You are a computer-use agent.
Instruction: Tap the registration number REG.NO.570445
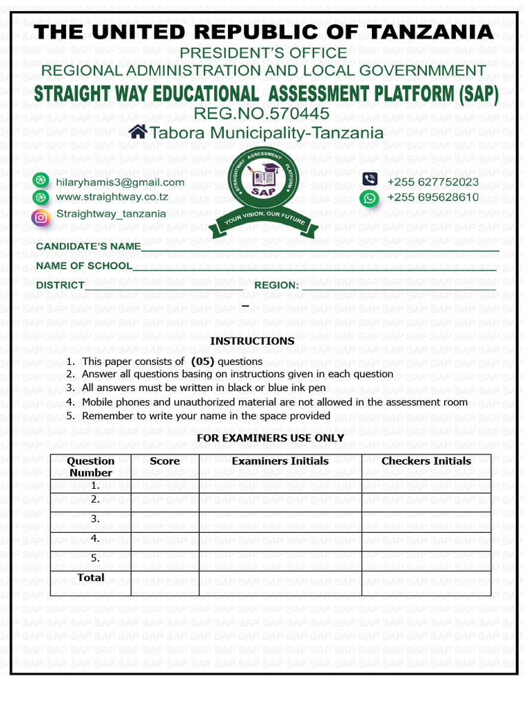coord(261,114)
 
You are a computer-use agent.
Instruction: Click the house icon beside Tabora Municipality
coord(138,132)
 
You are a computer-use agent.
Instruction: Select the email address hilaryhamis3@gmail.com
coord(120,182)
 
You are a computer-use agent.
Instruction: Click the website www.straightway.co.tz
coord(112,198)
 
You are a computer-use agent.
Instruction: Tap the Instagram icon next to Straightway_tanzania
coord(41,218)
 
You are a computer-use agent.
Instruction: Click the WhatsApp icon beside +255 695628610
coord(370,199)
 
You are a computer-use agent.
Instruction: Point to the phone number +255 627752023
coord(433,182)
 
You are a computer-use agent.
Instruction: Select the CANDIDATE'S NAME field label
coord(88,246)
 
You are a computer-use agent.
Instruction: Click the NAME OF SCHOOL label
coord(84,266)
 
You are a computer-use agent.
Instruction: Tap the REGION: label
coord(276,286)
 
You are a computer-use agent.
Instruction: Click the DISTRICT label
coord(60,286)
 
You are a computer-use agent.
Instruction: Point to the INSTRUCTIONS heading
coord(252,341)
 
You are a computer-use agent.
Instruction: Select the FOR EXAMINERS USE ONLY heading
coord(270,438)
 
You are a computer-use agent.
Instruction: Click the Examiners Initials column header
coord(280,461)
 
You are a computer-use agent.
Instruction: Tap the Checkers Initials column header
coord(426,461)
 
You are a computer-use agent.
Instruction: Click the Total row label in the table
coord(91,578)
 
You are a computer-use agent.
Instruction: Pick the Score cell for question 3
coord(165,522)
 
